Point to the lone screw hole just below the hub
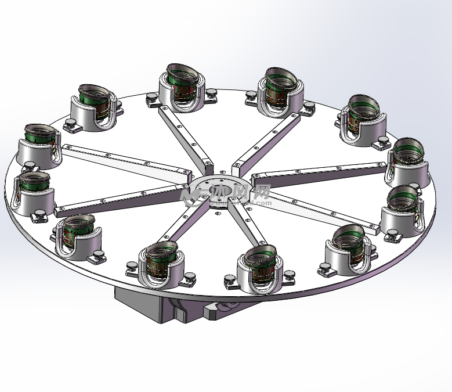[x=218, y=214]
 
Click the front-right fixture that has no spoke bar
[x=348, y=250]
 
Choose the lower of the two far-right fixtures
[x=403, y=212]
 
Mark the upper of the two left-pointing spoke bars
[x=125, y=159]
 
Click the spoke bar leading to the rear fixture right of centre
[x=266, y=140]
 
